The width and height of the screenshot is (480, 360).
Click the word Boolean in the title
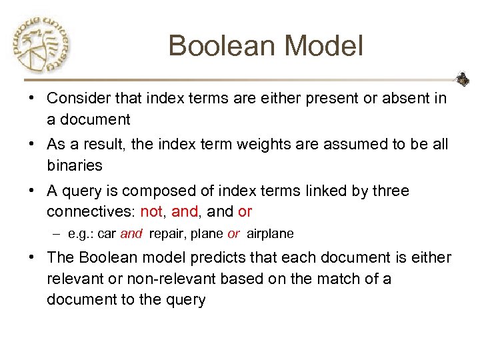221,46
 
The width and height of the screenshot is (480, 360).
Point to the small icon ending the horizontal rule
461,79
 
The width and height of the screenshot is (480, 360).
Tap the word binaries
75,165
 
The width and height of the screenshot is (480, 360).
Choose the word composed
165,191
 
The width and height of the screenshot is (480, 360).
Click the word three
390,191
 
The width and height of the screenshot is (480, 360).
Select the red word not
151,211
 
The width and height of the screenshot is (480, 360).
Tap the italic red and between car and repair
131,234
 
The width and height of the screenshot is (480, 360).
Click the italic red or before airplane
233,234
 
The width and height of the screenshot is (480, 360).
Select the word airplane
270,234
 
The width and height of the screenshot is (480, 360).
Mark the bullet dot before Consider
31,99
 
